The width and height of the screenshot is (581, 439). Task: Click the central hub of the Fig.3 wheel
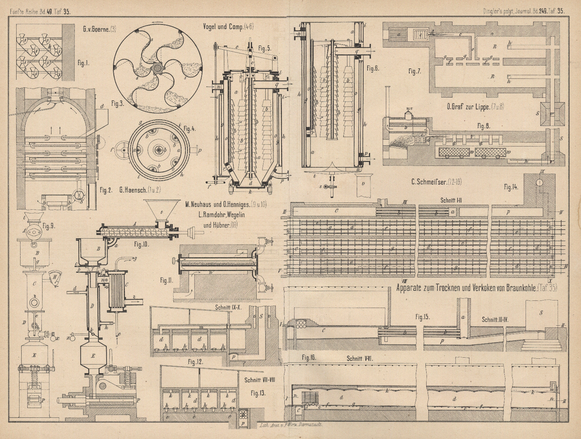[157, 68]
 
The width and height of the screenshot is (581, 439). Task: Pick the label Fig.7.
[415, 72]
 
